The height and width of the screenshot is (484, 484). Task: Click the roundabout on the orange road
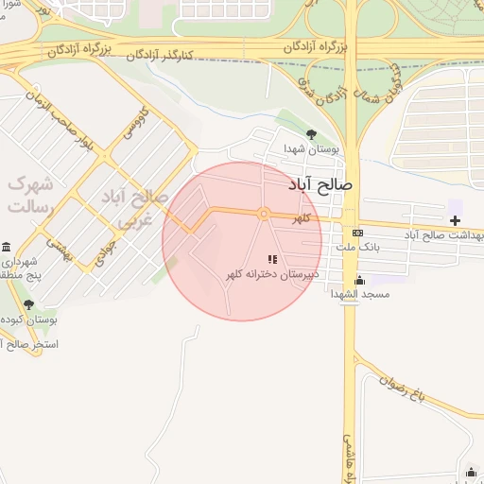[x=265, y=214]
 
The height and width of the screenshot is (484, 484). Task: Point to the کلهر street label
[x=301, y=218]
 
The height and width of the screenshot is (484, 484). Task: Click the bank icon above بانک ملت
[x=357, y=233]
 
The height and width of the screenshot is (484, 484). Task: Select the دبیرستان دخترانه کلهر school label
[x=271, y=274]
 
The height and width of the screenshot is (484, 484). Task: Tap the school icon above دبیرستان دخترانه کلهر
[x=272, y=259]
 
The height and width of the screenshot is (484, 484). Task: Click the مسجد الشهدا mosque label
[x=360, y=295]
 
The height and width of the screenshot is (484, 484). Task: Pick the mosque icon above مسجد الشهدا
[x=359, y=280]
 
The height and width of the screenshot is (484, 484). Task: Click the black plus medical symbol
[x=456, y=220]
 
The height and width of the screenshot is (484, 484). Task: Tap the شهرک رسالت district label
[x=31, y=194]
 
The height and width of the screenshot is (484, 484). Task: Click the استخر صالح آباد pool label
[x=30, y=346]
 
